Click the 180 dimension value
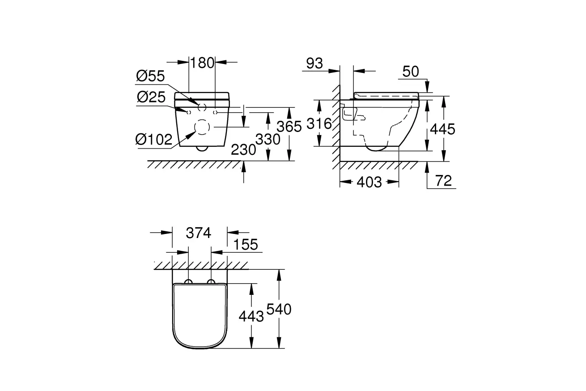(203, 63)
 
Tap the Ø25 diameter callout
(150, 97)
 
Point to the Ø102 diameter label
(154, 140)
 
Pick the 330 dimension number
(268, 139)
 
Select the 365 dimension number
(289, 127)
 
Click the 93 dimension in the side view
(315, 64)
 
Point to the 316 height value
(319, 123)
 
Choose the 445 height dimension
(442, 129)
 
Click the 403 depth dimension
(369, 182)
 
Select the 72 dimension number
(443, 181)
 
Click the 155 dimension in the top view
(246, 245)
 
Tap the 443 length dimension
(251, 316)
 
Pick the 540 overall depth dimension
(278, 309)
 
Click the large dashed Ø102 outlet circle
(202, 127)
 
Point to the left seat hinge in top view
(189, 281)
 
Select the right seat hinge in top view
(211, 281)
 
